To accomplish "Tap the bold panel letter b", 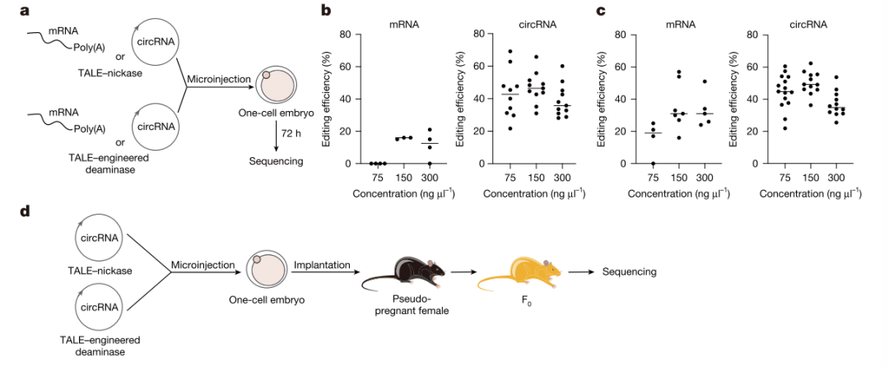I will [x=326, y=12].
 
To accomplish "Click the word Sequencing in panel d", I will [x=630, y=271].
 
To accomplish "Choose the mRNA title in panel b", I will [x=403, y=24].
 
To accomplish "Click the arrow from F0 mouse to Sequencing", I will [x=581, y=271].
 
